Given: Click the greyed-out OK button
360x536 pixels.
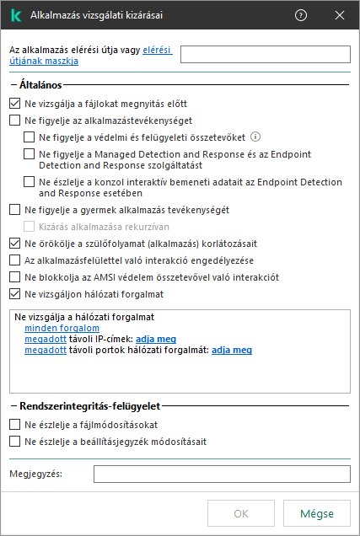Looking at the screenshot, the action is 241,513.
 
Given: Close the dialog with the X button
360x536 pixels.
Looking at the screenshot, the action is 339,15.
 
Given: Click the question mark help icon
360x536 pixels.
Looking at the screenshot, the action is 301,15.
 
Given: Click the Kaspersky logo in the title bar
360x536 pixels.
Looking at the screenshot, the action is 15,15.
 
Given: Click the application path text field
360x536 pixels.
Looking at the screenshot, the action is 266,55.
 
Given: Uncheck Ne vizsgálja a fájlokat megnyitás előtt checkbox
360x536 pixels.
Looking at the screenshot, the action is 13,104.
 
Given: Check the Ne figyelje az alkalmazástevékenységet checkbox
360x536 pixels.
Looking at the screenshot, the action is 13,121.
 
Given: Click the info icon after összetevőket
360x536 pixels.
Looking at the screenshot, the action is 255,137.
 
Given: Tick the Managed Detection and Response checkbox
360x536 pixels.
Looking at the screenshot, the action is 30,154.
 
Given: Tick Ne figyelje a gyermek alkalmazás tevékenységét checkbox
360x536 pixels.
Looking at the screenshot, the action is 13,210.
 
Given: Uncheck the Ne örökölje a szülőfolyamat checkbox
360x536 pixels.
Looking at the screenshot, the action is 13,244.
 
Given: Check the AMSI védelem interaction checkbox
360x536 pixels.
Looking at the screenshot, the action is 13,277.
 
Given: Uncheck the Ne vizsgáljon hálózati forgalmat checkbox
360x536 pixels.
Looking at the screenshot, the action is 13,294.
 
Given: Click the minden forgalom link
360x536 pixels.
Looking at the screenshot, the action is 51,327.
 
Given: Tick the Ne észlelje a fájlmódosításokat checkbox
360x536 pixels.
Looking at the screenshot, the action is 13,424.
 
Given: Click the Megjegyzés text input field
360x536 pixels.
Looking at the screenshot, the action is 222,474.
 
